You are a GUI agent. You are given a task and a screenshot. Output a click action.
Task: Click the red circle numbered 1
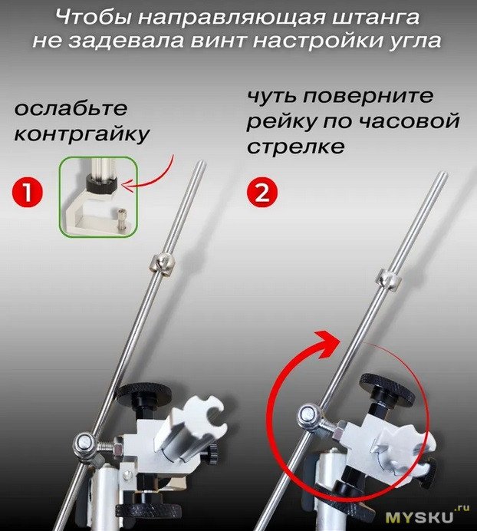pyautogui.click(x=28, y=192)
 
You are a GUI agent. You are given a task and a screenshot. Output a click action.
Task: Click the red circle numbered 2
pyautogui.click(x=262, y=192)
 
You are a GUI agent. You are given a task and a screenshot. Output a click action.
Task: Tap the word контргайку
pyautogui.click(x=81, y=134)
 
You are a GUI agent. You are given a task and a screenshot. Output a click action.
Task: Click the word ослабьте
pyautogui.click(x=71, y=109)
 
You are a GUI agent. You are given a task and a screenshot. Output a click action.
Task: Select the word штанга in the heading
pyautogui.click(x=376, y=18)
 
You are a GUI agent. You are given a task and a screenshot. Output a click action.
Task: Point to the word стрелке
pyautogui.click(x=296, y=147)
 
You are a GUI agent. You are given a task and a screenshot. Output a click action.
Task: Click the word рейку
pyautogui.click(x=281, y=121)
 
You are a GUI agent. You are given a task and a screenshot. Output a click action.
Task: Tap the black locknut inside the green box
pyautogui.click(x=101, y=185)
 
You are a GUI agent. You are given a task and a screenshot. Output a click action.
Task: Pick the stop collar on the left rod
pyautogui.click(x=162, y=262)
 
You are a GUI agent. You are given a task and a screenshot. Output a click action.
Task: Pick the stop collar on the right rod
pyautogui.click(x=390, y=280)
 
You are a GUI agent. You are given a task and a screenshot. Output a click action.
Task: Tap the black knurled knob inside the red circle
pyautogui.click(x=388, y=390)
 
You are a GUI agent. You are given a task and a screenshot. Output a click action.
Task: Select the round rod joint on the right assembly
pyautogui.click(x=308, y=416)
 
